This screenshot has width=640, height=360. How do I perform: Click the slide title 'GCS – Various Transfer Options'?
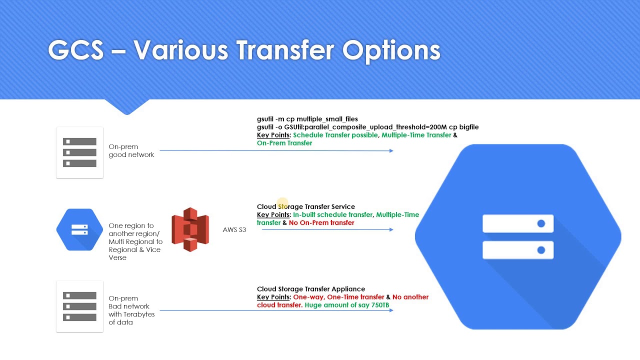(244, 50)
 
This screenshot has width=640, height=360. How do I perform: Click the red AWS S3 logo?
(190, 229)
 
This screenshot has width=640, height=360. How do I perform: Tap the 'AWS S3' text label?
(234, 230)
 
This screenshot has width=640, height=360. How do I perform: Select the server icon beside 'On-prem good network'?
(79, 152)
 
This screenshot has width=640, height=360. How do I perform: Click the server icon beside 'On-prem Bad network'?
(79, 306)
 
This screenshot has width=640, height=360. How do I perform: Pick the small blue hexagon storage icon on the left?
(79, 229)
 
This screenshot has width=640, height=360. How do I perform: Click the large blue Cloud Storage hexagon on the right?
(518, 237)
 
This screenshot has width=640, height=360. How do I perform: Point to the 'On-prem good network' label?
(131, 150)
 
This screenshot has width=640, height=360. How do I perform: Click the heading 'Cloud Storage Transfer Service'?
(305, 206)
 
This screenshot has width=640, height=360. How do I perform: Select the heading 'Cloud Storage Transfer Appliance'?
(310, 289)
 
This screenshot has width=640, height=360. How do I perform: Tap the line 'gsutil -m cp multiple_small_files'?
(307, 119)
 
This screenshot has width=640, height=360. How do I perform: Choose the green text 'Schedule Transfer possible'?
(335, 135)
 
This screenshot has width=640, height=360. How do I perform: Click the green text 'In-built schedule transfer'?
(332, 215)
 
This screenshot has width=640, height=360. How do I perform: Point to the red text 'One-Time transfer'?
(355, 297)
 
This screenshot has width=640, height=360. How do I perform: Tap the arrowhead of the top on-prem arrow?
(391, 150)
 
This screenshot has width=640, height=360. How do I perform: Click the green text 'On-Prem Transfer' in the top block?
(284, 143)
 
